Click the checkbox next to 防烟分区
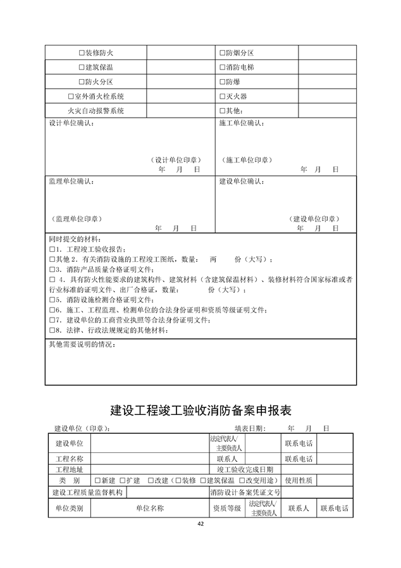(x=221, y=52)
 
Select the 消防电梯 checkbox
(x=221, y=66)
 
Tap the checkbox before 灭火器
(x=221, y=96)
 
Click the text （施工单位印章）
(x=246, y=159)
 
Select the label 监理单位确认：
(x=71, y=182)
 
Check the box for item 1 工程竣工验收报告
(x=52, y=249)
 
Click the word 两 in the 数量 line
(x=213, y=259)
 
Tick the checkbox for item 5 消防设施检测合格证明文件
(x=52, y=299)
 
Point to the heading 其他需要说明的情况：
(x=83, y=345)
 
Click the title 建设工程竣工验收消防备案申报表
(x=200, y=410)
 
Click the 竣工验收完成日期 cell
(x=245, y=469)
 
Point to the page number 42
(x=200, y=524)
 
